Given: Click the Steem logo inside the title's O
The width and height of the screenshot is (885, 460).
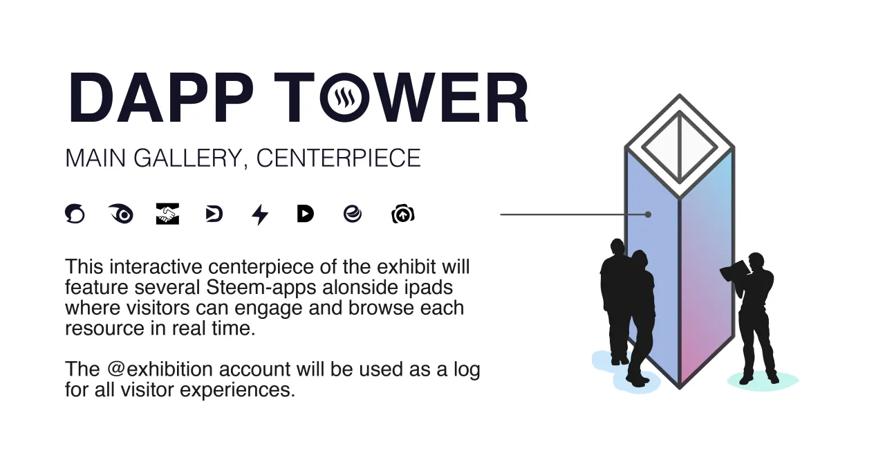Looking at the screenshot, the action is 344,98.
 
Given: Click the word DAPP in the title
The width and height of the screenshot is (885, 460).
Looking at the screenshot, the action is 161,98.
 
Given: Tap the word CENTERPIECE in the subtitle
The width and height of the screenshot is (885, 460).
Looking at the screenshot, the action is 339,158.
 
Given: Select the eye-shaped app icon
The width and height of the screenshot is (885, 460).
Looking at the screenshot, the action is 121,214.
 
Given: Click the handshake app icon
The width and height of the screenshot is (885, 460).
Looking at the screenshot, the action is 167,214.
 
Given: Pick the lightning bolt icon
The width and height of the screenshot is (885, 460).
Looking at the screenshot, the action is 260,214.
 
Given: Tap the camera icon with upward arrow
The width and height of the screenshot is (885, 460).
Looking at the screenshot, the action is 403,214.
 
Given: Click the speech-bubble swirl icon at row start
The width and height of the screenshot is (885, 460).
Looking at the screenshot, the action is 75,214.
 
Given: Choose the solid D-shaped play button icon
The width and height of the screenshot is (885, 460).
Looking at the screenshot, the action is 306,214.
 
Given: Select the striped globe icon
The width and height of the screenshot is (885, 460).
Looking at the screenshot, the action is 353,214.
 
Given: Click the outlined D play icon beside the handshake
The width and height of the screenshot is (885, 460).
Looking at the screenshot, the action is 214,214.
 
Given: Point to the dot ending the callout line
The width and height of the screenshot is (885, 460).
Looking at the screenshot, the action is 648,214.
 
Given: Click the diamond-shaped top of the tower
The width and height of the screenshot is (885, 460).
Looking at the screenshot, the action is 680,146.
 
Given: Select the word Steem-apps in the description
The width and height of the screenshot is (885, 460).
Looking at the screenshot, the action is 261,288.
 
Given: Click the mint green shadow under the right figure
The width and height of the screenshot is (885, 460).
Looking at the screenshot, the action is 763,381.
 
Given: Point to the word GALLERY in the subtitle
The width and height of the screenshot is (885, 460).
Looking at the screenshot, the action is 188,158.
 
